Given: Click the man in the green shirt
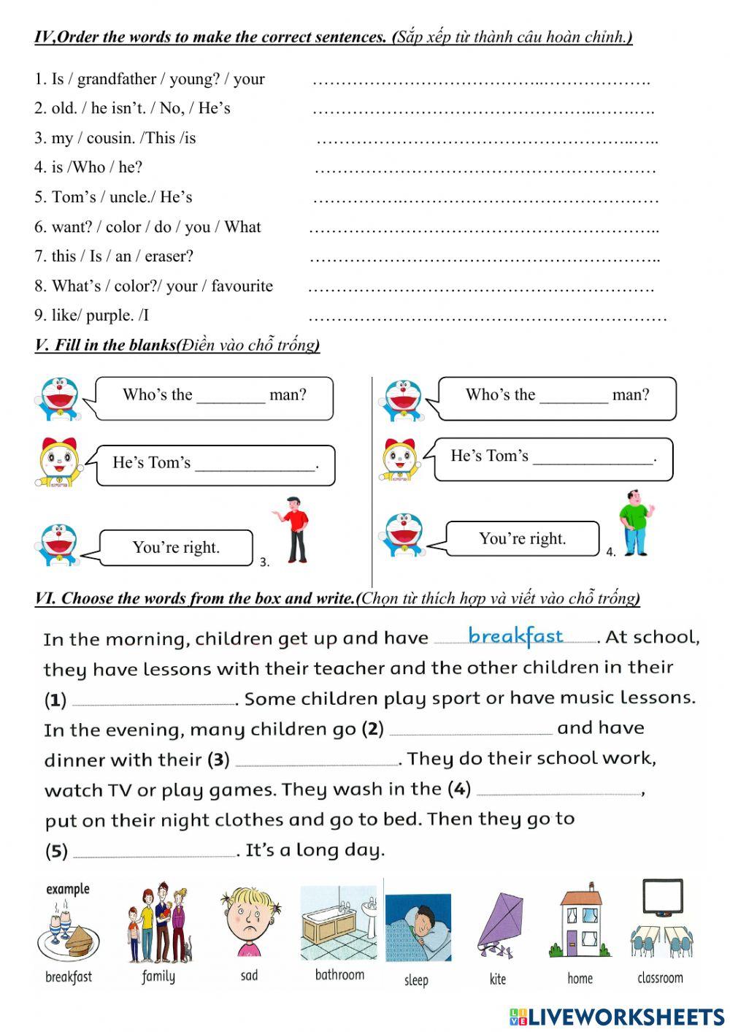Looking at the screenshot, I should pyautogui.click(x=635, y=523).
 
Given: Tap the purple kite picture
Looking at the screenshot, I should pyautogui.click(x=499, y=925).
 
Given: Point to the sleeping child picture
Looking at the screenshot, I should pyautogui.click(x=418, y=928).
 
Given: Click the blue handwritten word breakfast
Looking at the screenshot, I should pyautogui.click(x=515, y=636).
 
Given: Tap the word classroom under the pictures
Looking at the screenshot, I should pyautogui.click(x=660, y=978).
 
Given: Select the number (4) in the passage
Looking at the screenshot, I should pyautogui.click(x=458, y=789).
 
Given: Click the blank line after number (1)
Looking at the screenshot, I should pyautogui.click(x=154, y=703).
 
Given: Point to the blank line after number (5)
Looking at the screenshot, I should pyautogui.click(x=154, y=855).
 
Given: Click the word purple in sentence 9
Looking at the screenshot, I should pyautogui.click(x=109, y=316).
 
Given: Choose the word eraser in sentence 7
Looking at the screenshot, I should pyautogui.click(x=169, y=256).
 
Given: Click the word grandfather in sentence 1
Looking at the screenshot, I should pyautogui.click(x=117, y=79).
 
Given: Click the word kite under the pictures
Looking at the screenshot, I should pyautogui.click(x=498, y=979).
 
